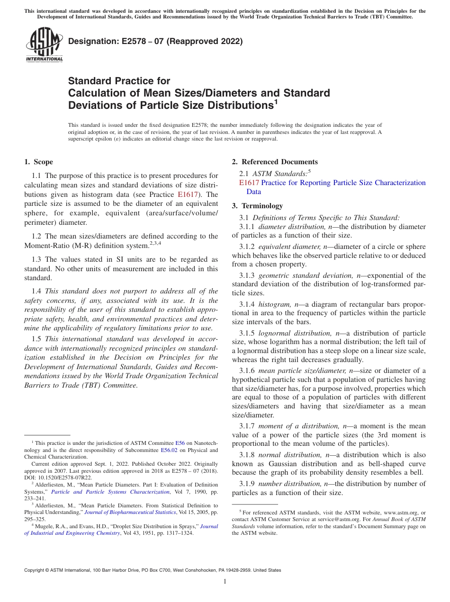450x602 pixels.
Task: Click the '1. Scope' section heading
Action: pos(38,162)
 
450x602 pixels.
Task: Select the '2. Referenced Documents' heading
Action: pos(274,162)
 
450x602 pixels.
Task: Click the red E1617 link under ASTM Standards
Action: pos(249,183)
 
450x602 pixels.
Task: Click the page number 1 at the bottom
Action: pos(225,582)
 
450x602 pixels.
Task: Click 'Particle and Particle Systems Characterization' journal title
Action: pos(110,492)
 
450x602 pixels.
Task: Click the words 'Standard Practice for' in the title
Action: pos(119,81)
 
